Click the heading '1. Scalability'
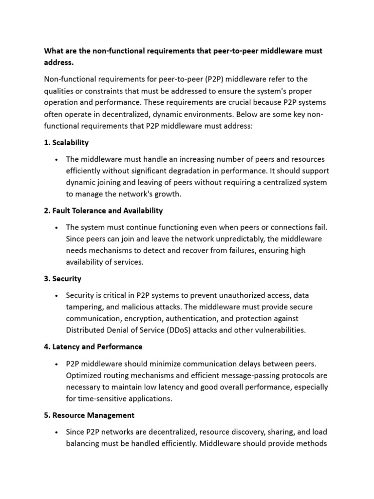click(66, 143)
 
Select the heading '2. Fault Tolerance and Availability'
click(104, 211)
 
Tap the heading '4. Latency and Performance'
click(93, 346)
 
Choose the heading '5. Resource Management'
click(90, 415)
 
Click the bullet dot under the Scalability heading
click(57, 160)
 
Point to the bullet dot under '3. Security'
click(57, 296)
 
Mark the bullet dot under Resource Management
click(57, 432)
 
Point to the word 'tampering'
click(85, 307)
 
